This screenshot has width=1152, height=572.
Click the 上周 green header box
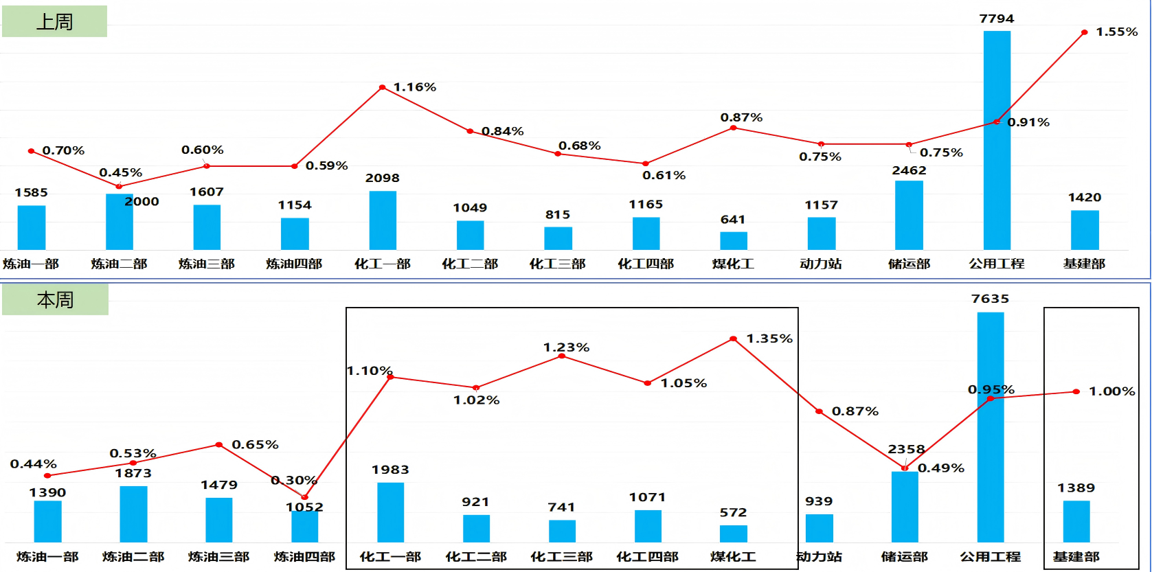coord(54,21)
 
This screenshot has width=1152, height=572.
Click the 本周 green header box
coord(55,300)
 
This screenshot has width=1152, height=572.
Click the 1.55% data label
coord(1116,32)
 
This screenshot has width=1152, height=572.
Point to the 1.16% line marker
coord(383,87)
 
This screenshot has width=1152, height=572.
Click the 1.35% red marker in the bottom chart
coord(733,339)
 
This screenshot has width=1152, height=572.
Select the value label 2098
coord(383,179)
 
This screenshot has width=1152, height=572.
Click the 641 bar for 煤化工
coord(733,241)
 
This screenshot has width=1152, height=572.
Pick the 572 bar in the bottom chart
coord(733,534)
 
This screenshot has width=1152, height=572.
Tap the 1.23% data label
coord(566,347)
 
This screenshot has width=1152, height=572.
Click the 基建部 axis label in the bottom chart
coord(1076,557)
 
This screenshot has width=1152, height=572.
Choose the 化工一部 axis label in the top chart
coord(383,264)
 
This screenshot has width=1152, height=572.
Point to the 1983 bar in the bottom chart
coord(390,512)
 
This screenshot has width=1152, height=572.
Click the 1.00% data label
coord(1111,391)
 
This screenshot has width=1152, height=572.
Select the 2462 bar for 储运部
coord(909,215)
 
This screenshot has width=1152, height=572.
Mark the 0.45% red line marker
coord(119,186)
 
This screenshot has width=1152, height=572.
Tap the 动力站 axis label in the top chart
coord(821,264)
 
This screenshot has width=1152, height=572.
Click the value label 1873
coord(133,473)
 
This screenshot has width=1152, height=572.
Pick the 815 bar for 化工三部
coord(558,238)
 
